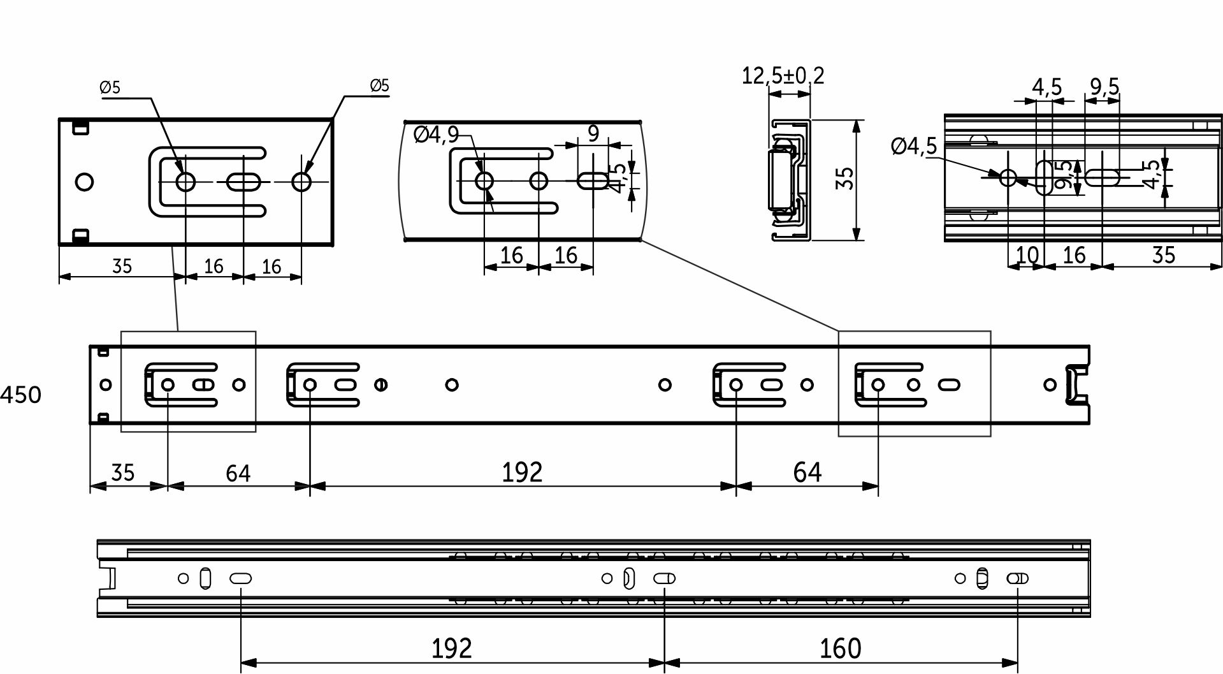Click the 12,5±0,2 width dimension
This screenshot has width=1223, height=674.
pyautogui.click(x=783, y=76)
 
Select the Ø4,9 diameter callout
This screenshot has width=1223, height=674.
pyautogui.click(x=436, y=135)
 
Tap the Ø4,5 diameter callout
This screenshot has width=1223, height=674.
pyautogui.click(x=914, y=147)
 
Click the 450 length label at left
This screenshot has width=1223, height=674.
pyautogui.click(x=21, y=395)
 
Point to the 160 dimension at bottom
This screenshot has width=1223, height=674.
pyautogui.click(x=840, y=648)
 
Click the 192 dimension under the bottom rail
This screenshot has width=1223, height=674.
pyautogui.click(x=451, y=648)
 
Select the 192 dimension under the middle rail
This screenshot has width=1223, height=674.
pyautogui.click(x=522, y=473)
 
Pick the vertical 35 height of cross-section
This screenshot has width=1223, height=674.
pyautogui.click(x=845, y=179)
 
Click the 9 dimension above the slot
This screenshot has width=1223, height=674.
pyautogui.click(x=593, y=134)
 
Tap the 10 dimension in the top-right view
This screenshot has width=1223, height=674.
pyautogui.click(x=1027, y=255)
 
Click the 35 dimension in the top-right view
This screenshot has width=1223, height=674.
pyautogui.click(x=1163, y=255)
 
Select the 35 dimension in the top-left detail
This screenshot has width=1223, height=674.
pyautogui.click(x=122, y=265)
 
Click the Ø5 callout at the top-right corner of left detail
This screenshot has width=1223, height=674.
pyautogui.click(x=379, y=85)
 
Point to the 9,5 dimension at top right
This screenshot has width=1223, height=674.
pyautogui.click(x=1104, y=86)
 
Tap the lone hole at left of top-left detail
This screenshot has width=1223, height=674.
pyautogui.click(x=83, y=182)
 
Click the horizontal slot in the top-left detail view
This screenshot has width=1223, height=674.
pyautogui.click(x=243, y=182)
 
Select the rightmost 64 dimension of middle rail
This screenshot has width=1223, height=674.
pyautogui.click(x=807, y=473)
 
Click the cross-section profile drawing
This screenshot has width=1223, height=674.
pyautogui.click(x=789, y=180)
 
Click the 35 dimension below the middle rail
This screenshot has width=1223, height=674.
pyautogui.click(x=123, y=473)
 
